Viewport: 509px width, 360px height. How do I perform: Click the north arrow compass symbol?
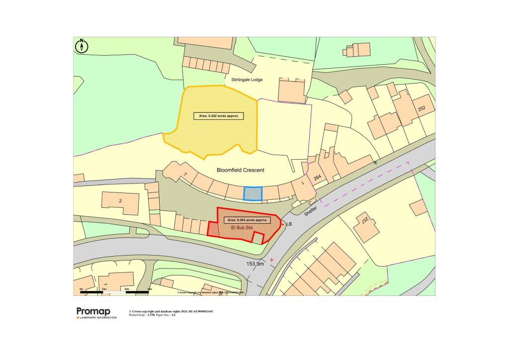point(82,46)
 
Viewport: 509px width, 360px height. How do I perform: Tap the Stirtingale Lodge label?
point(247,80)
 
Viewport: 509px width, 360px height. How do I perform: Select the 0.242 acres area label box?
point(219,116)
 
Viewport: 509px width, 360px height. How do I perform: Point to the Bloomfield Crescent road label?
point(241,170)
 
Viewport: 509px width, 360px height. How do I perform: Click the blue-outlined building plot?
point(253,193)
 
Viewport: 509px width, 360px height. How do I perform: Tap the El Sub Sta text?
point(243,228)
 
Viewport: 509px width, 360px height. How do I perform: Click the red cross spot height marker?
point(271,260)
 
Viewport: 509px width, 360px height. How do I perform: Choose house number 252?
point(422,109)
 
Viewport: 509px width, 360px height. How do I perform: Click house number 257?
point(365,220)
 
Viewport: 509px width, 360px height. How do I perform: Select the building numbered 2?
point(120,201)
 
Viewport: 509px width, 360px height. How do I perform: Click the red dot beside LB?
point(283,225)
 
